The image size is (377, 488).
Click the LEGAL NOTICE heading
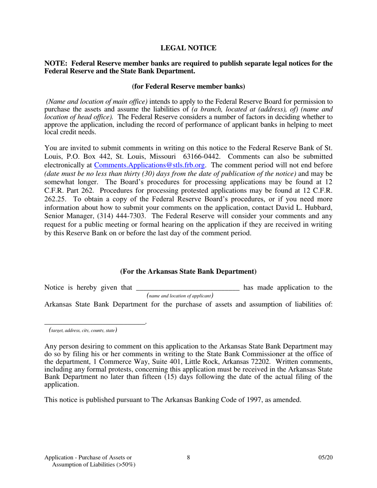coord(188,48)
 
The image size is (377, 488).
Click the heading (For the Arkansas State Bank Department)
coord(188,271)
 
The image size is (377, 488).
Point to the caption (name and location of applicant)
coord(180,296)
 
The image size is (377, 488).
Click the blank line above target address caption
coord(95,323)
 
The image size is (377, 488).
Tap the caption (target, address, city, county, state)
coord(83,330)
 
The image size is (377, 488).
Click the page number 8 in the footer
coord(188,457)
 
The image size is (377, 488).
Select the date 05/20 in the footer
coord(325,457)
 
